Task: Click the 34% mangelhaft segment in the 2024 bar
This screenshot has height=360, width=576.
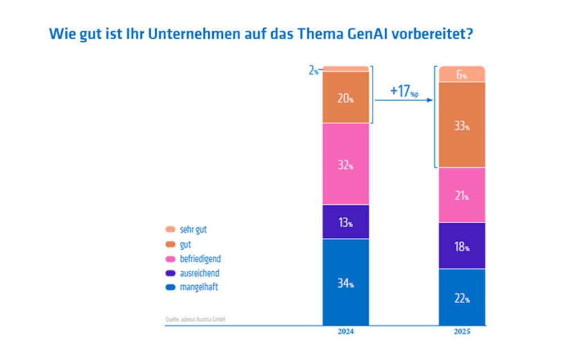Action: [346, 282]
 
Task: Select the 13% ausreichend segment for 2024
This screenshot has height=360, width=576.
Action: [346, 222]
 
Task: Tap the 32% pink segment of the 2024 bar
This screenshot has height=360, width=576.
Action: [346, 164]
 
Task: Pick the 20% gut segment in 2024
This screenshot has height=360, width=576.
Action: [346, 97]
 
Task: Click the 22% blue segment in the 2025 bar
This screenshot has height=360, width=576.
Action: [462, 297]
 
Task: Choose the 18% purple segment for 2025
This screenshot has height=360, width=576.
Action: [462, 246]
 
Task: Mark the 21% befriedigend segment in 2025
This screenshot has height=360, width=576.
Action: [462, 195]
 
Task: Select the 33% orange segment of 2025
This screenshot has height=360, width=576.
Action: [462, 125]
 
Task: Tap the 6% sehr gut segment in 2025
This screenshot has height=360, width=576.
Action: [462, 74]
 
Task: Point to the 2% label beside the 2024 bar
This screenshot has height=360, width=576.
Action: [313, 70]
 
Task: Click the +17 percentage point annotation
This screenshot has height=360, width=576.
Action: [404, 91]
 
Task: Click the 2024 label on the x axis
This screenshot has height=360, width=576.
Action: [346, 332]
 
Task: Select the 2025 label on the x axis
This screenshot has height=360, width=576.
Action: [462, 332]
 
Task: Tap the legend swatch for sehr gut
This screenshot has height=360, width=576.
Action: [170, 229]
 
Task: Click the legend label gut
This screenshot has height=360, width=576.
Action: [186, 245]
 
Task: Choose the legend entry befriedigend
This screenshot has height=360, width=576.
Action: [193, 259]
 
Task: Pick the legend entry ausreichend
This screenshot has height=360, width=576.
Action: [192, 273]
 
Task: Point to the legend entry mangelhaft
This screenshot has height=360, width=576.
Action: [192, 287]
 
